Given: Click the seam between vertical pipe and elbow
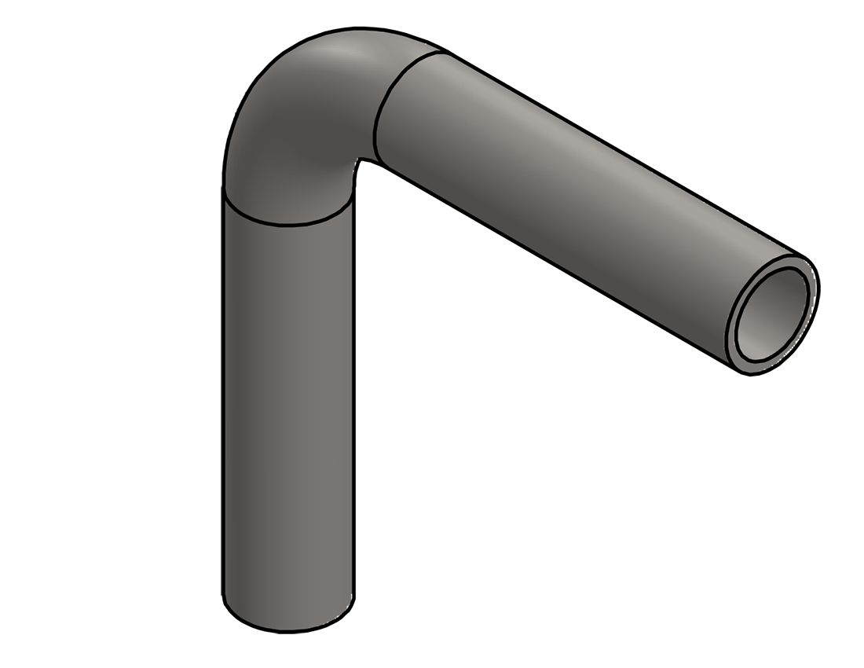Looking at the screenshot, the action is pyautogui.click(x=287, y=224).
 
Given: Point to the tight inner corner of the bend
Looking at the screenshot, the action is pyautogui.click(x=359, y=163).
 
